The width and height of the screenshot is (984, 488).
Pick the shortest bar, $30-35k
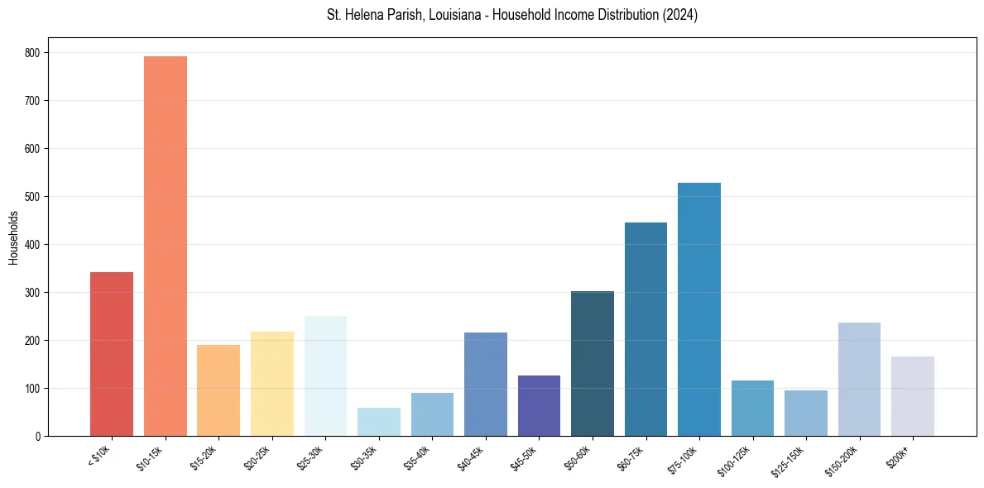(x=379, y=422)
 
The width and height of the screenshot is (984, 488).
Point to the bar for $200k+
(x=913, y=396)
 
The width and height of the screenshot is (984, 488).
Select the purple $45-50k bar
(x=539, y=405)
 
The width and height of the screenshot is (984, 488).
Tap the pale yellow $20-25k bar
(x=272, y=384)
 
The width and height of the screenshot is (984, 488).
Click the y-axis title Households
(x=13, y=237)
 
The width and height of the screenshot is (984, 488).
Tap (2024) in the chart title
(x=680, y=15)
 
